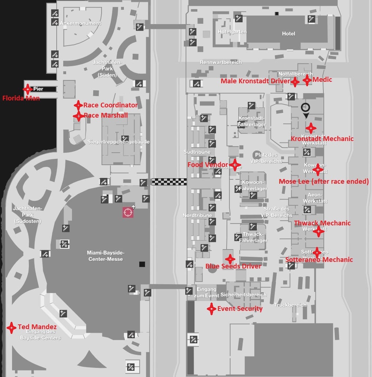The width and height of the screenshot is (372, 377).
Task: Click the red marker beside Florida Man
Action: pos(27,89)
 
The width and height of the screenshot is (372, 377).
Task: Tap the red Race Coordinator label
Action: pos(110,105)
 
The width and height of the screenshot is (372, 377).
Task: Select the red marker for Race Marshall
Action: pos(78,116)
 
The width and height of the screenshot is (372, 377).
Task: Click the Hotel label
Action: pos(288,34)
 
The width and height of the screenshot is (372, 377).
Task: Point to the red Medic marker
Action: pos(307,80)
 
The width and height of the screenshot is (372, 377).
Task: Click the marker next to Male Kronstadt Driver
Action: pos(295,82)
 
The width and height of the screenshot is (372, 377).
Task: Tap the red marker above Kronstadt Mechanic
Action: pos(311,128)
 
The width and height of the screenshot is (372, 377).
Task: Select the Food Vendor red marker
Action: pos(235,165)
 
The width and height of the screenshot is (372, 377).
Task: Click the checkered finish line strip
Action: pos(169,182)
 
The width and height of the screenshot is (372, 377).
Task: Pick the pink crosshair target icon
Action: pos(128,212)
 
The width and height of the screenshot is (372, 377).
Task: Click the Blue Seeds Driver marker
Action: pos(230,259)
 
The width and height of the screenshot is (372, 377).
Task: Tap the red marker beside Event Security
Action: pos(211,309)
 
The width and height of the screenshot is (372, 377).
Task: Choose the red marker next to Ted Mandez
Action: pos(12,327)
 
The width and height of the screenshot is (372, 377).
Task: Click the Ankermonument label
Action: pos(80,23)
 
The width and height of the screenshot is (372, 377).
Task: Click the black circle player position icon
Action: pos(305,108)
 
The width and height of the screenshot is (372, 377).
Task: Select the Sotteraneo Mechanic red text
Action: pos(319,260)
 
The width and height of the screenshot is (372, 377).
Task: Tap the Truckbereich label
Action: pos(291,305)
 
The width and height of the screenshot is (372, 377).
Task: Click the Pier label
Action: pos(38,89)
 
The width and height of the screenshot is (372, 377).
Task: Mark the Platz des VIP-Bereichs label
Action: pos(266,158)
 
